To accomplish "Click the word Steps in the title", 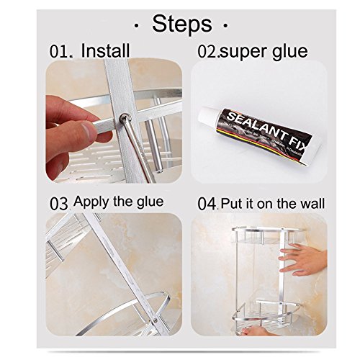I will [x=182, y=24].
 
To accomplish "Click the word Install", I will [x=105, y=51].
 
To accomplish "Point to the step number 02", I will [x=208, y=52].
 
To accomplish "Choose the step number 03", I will [x=59, y=203].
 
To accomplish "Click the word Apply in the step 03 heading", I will [x=92, y=202].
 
